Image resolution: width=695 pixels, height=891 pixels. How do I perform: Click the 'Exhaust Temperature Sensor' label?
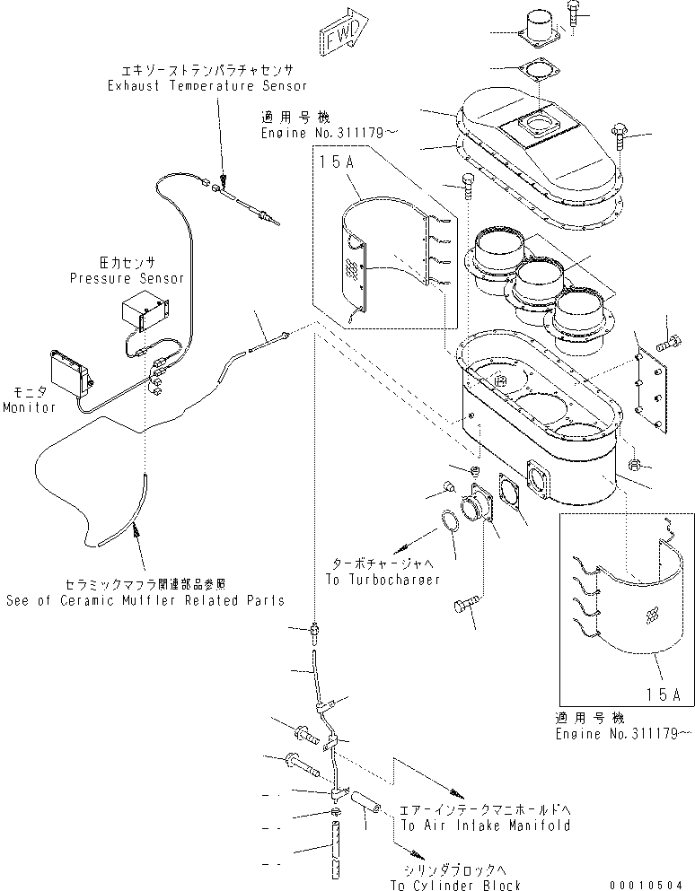coord(207,86)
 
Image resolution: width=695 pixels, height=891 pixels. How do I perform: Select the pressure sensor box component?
coord(145,314)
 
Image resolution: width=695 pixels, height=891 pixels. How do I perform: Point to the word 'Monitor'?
coord(30,407)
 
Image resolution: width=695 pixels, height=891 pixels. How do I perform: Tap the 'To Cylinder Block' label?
coord(455,886)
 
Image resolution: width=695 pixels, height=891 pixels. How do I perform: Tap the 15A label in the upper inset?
coord(328,162)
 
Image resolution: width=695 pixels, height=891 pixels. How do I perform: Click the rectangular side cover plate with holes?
coord(649,387)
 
